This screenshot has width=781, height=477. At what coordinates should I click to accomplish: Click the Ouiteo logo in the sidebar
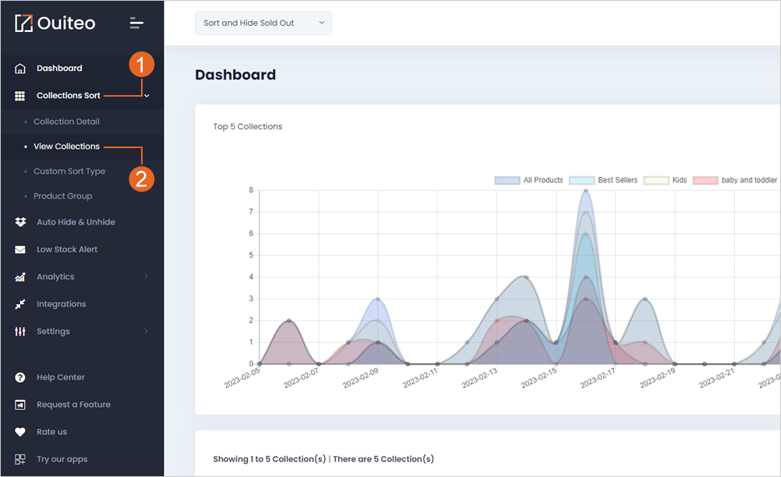[55, 23]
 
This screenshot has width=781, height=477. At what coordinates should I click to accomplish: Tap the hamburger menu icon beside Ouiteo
[136, 23]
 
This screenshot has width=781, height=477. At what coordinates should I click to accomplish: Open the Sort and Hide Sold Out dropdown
[263, 23]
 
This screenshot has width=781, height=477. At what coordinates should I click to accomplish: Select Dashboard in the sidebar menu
[59, 69]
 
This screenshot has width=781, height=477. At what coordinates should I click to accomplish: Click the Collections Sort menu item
[69, 96]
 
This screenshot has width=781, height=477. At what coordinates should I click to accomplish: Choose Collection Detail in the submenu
[66, 122]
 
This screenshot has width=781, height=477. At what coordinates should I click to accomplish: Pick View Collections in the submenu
[66, 147]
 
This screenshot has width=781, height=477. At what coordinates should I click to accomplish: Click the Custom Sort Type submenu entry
[69, 171]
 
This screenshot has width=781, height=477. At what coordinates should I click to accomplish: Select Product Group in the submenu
[63, 196]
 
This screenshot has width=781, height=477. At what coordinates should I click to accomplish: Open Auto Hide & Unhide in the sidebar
[76, 222]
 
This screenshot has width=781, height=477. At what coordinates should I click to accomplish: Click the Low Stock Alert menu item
[67, 249]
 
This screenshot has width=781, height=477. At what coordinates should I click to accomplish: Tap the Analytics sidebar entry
[55, 277]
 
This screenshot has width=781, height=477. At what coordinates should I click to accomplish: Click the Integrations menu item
[62, 304]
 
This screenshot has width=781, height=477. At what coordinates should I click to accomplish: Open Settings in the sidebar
[53, 331]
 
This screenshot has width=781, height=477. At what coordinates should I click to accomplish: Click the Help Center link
[61, 377]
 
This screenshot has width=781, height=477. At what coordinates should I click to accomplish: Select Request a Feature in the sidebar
[74, 405]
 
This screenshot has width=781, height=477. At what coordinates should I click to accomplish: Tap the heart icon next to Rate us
[20, 433]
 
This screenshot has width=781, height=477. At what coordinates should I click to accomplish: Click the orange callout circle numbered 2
[141, 179]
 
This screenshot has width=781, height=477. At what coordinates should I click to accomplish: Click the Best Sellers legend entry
[603, 180]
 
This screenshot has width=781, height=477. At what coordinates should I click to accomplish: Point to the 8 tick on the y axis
[251, 190]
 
